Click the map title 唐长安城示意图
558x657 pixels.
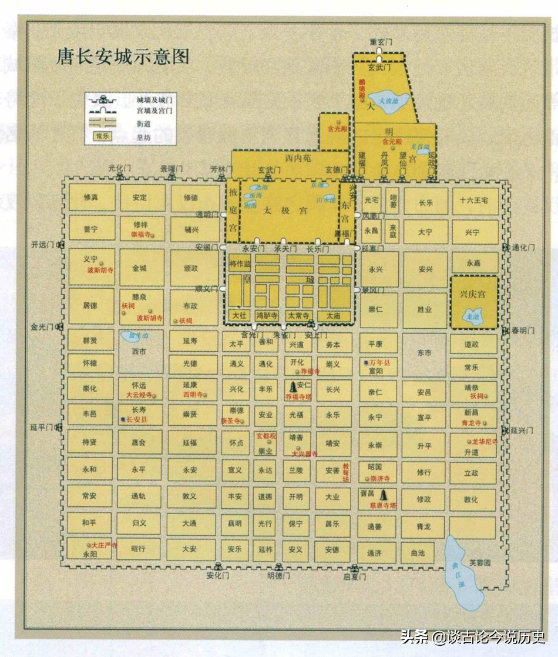pos(123,56)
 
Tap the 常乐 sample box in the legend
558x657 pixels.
pos(102,136)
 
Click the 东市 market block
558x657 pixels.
pos(424,353)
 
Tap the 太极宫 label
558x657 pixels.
pos(278,210)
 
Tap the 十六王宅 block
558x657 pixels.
pos(475,201)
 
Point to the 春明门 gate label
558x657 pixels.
pos(520,329)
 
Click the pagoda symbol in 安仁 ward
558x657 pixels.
pos(292,388)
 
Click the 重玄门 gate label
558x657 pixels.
pos(381,42)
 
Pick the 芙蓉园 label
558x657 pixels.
pos(480,562)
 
